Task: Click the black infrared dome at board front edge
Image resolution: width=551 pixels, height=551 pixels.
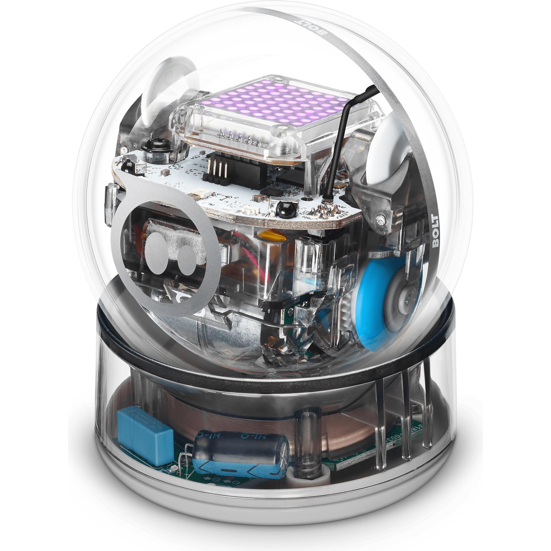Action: coord(285,210)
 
